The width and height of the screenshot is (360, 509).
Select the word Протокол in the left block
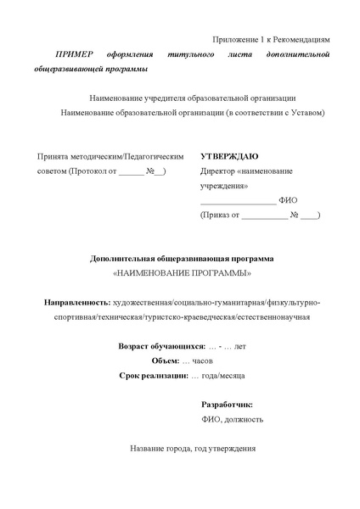coord(87,171)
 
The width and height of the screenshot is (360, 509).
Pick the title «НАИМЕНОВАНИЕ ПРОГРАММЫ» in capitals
coord(182,273)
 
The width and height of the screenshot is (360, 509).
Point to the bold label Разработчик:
coord(227,405)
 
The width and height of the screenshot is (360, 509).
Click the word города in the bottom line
coord(177,449)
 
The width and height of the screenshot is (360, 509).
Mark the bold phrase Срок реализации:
coord(153,375)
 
